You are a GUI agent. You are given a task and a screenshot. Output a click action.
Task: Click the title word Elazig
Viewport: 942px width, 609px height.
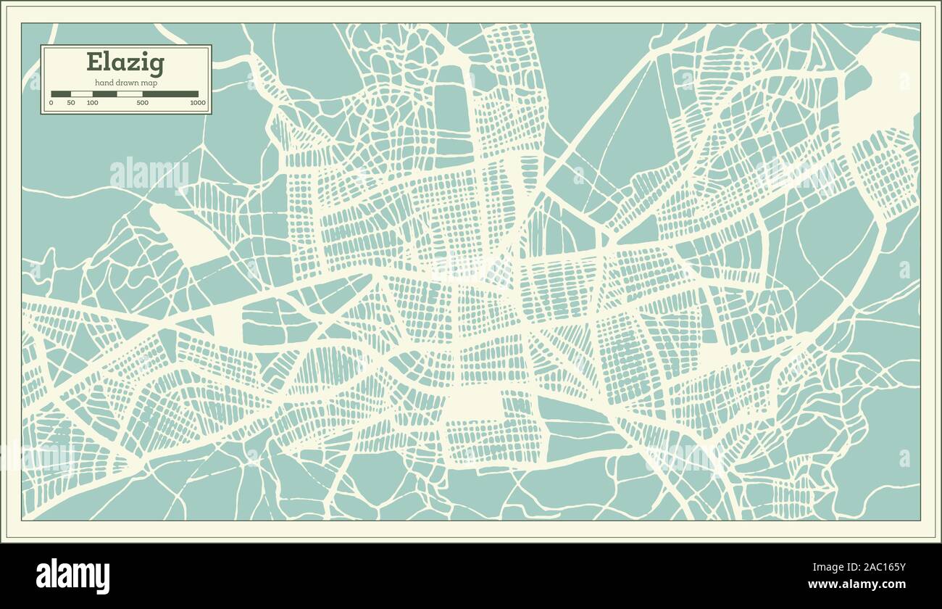(125, 63)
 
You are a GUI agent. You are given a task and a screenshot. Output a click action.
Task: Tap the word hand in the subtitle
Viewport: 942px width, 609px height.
(104, 83)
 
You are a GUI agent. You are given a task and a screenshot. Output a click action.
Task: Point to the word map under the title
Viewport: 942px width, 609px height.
(150, 83)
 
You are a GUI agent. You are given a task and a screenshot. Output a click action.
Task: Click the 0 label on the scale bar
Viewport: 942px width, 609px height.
(51, 103)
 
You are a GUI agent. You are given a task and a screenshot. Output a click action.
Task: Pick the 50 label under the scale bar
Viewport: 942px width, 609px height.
(71, 103)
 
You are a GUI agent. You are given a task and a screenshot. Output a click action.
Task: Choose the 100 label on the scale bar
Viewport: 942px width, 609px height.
(92, 103)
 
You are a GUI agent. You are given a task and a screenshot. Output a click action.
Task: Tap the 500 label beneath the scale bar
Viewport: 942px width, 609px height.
(142, 103)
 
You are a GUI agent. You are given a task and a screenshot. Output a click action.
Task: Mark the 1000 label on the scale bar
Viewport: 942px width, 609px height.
(198, 103)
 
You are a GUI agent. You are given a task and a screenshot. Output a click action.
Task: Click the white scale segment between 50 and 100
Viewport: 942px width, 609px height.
(82, 94)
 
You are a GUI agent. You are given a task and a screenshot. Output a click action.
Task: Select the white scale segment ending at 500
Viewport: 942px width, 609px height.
(130, 94)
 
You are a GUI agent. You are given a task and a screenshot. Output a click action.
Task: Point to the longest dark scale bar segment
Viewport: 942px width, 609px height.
(170, 94)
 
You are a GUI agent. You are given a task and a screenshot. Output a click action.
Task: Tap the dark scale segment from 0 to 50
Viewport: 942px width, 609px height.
(61, 94)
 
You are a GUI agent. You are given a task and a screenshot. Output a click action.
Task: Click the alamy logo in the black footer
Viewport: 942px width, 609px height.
(73, 576)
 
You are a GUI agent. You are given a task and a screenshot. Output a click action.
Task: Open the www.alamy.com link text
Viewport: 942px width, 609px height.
(856, 584)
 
